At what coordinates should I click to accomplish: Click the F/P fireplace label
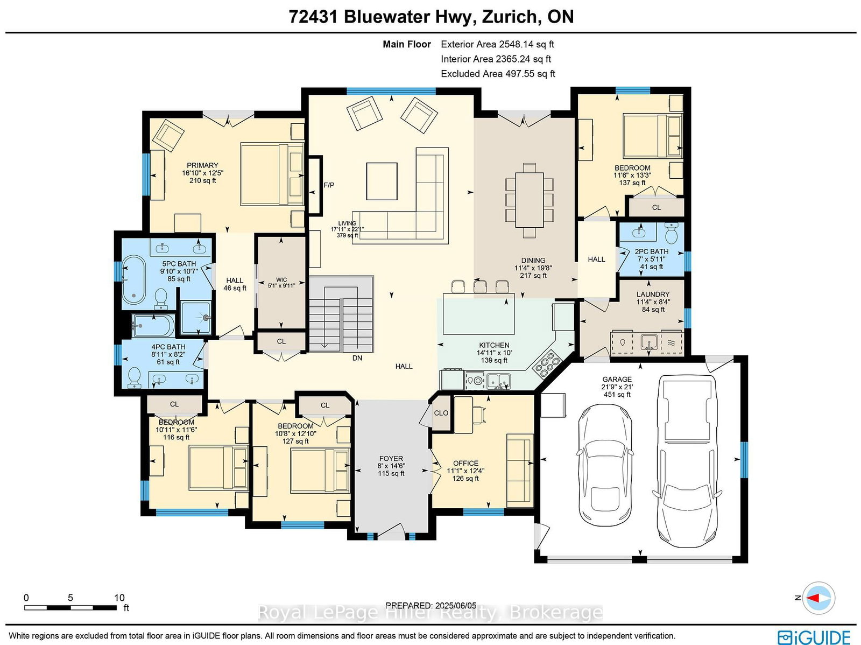329,185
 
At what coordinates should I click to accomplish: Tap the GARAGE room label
617,380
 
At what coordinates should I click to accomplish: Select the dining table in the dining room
530,200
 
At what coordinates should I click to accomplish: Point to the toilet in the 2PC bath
671,233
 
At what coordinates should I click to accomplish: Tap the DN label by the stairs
357,358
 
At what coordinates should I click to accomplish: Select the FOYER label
391,459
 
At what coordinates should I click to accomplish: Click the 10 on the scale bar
119,598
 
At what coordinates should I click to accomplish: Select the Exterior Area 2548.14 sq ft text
497,45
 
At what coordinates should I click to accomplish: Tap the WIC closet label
281,280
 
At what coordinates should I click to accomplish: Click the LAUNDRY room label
653,295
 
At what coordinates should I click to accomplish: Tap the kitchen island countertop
478,314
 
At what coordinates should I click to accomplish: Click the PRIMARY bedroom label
202,165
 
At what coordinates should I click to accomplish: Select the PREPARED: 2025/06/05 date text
431,605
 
